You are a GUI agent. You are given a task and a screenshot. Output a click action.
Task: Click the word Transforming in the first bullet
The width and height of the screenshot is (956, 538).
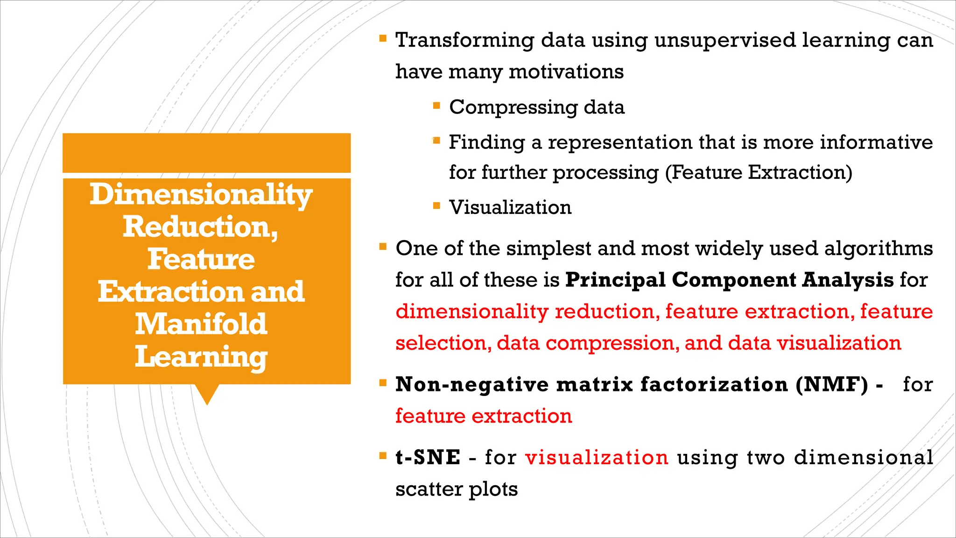pyautogui.click(x=464, y=41)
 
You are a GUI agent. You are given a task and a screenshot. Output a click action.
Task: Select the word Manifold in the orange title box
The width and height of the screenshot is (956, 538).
pyautogui.click(x=201, y=324)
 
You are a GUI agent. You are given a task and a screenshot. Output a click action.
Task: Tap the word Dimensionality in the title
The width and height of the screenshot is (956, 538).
pyautogui.click(x=201, y=195)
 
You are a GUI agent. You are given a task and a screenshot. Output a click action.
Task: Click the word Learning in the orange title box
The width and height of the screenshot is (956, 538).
pyautogui.click(x=201, y=357)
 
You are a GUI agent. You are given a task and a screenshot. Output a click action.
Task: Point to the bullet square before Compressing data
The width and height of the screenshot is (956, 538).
pyautogui.click(x=436, y=106)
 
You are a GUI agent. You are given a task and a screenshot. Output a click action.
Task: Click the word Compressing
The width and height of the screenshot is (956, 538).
pyautogui.click(x=513, y=107)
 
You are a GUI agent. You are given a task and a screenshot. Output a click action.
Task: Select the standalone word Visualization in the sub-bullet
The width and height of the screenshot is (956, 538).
pyautogui.click(x=510, y=207)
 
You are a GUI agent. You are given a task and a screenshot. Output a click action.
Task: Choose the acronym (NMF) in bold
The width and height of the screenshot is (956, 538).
pyautogui.click(x=832, y=384)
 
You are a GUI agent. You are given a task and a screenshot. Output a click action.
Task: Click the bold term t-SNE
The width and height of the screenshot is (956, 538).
pyautogui.click(x=428, y=457)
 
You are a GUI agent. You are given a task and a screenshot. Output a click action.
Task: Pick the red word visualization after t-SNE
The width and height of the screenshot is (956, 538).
pyautogui.click(x=597, y=457)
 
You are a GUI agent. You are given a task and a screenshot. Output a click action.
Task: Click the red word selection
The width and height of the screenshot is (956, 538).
pyautogui.click(x=442, y=343)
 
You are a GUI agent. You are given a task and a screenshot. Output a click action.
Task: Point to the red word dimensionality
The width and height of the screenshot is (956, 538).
pyautogui.click(x=471, y=311)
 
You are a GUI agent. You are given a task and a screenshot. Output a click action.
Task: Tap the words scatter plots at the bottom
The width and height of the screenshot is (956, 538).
pyautogui.click(x=457, y=489)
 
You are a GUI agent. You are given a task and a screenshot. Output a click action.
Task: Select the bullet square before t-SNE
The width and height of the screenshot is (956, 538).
pyautogui.click(x=383, y=455)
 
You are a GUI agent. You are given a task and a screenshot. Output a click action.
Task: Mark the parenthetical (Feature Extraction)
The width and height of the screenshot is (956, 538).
pyautogui.click(x=759, y=172)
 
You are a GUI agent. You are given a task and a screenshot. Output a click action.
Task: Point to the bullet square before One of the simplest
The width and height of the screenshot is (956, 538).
pyautogui.click(x=383, y=247)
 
